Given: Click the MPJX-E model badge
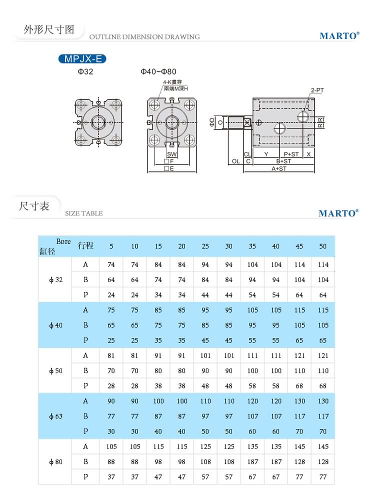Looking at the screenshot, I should coord(82,59).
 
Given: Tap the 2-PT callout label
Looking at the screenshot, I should coord(317,90).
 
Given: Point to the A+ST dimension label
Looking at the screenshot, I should coord(278,169).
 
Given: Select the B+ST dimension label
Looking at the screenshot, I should coord(283,161).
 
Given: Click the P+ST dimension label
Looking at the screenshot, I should coord(291,154).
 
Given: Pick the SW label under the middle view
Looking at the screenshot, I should coord(171,154).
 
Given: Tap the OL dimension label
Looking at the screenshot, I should coord(235,161).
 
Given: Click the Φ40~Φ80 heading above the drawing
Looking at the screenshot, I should coord(158,72).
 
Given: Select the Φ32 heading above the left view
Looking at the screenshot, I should coord(85,72).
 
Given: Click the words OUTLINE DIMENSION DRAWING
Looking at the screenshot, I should coord(144,37).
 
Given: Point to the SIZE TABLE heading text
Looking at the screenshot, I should coord(84,213).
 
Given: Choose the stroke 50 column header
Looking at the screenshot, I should coord(322,246).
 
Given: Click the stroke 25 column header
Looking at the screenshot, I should coord(205,246).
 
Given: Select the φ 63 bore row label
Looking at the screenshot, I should coord(56,416).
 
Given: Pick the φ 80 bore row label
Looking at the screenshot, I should coord(56,461).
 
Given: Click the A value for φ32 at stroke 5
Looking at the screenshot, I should coord(111,264).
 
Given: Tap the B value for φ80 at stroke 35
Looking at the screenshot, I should coord(252,461).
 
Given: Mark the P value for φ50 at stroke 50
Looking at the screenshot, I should coord(322,385).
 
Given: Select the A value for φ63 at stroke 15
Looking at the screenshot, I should coord(158,401).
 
